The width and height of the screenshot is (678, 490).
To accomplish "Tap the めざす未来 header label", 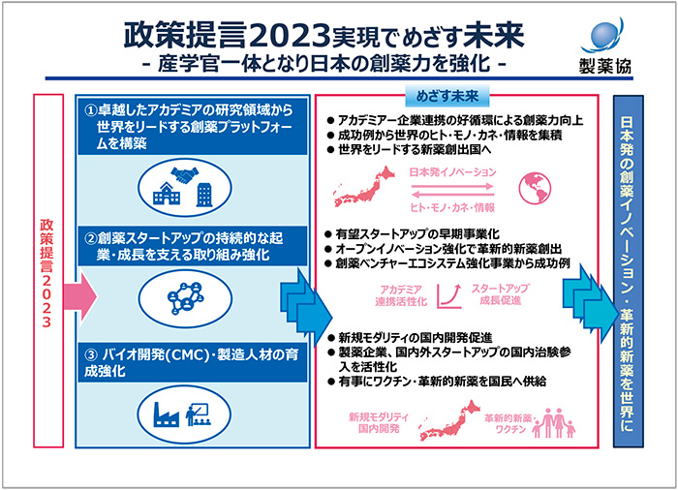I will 447,98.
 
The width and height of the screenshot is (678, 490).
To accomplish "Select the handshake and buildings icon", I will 183,184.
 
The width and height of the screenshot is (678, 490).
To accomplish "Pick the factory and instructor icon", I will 183,411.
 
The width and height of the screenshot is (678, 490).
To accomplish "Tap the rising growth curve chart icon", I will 448,295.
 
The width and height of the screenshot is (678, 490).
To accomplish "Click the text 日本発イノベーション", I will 452,171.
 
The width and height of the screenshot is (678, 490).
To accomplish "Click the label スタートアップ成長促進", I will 500,295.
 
